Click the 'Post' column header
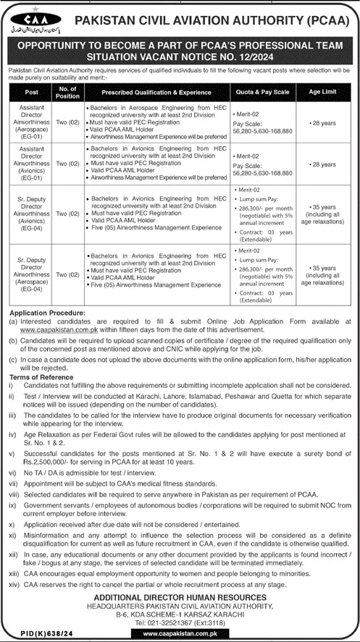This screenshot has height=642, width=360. pos(31,93)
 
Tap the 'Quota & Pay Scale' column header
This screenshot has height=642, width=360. pos(262,93)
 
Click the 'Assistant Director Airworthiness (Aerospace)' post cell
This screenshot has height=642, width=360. pos(31,124)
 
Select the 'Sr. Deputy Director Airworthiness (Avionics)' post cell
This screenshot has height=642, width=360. pos(31,215)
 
